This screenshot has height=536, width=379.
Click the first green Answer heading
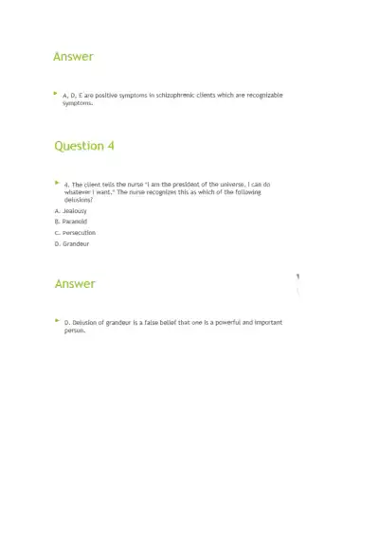pyautogui.click(x=73, y=57)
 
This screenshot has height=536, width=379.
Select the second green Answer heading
pyautogui.click(x=75, y=284)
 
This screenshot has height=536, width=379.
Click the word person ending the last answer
pyautogui.click(x=74, y=331)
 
